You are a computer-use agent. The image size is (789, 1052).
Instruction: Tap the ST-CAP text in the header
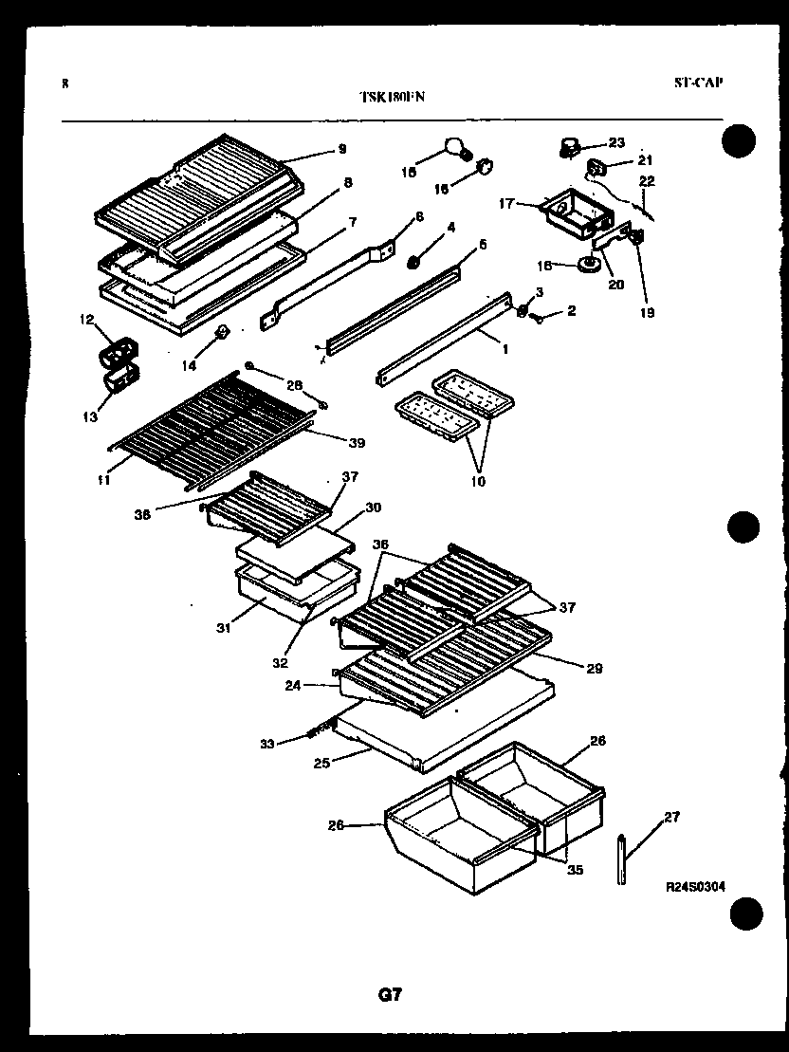(698, 83)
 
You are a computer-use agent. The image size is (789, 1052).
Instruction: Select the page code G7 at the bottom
(390, 995)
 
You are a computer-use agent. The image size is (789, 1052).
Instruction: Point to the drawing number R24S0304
(696, 886)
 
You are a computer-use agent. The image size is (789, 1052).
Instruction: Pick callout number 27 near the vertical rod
(671, 816)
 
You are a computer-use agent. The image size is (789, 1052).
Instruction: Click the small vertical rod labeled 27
(621, 859)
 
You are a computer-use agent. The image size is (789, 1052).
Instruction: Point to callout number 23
(616, 143)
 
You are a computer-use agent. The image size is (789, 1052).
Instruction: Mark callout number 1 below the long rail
(505, 349)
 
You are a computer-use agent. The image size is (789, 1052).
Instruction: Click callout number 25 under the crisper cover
(322, 762)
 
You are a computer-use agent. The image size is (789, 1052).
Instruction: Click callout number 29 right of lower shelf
(595, 669)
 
